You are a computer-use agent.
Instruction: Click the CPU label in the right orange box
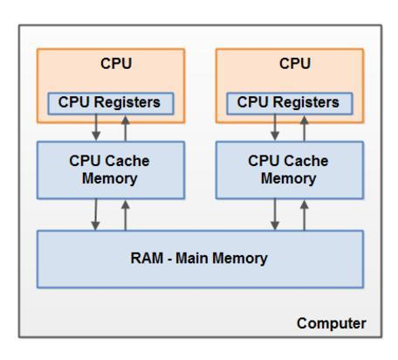click(289, 65)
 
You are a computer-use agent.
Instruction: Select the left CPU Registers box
click(111, 102)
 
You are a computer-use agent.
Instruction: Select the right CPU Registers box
click(290, 102)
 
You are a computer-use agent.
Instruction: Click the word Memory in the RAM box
click(241, 258)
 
